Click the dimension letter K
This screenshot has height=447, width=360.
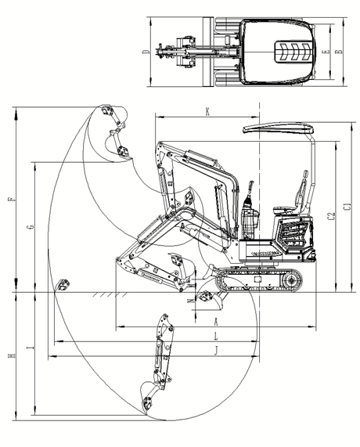coord(207,111)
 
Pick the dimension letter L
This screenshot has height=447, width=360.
coord(216,336)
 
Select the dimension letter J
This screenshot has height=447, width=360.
coord(216,350)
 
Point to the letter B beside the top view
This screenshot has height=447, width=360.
coord(337,52)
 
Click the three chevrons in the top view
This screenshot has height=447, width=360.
coord(289,53)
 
